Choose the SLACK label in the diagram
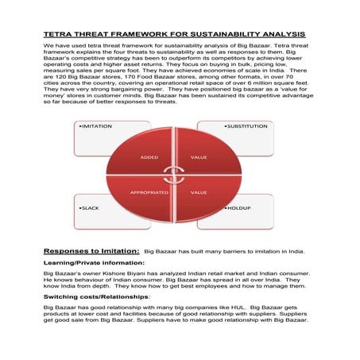point(88,207)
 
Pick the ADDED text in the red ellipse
point(149,157)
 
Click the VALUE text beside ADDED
point(199,157)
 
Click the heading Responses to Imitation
point(91,250)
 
